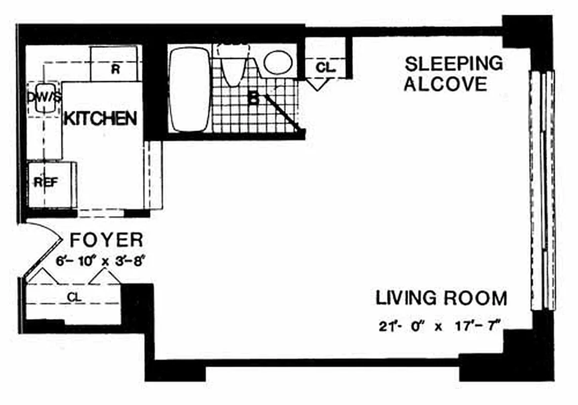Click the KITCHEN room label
(x=100, y=118)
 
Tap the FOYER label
(x=106, y=239)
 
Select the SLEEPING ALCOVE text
(x=454, y=73)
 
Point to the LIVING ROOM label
(x=441, y=298)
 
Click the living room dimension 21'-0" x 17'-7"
(x=439, y=326)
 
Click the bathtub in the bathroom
(x=189, y=90)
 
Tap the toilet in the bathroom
(x=233, y=66)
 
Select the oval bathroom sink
(x=278, y=63)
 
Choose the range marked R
(x=115, y=68)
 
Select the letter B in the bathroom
(x=253, y=98)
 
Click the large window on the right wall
(x=542, y=190)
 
